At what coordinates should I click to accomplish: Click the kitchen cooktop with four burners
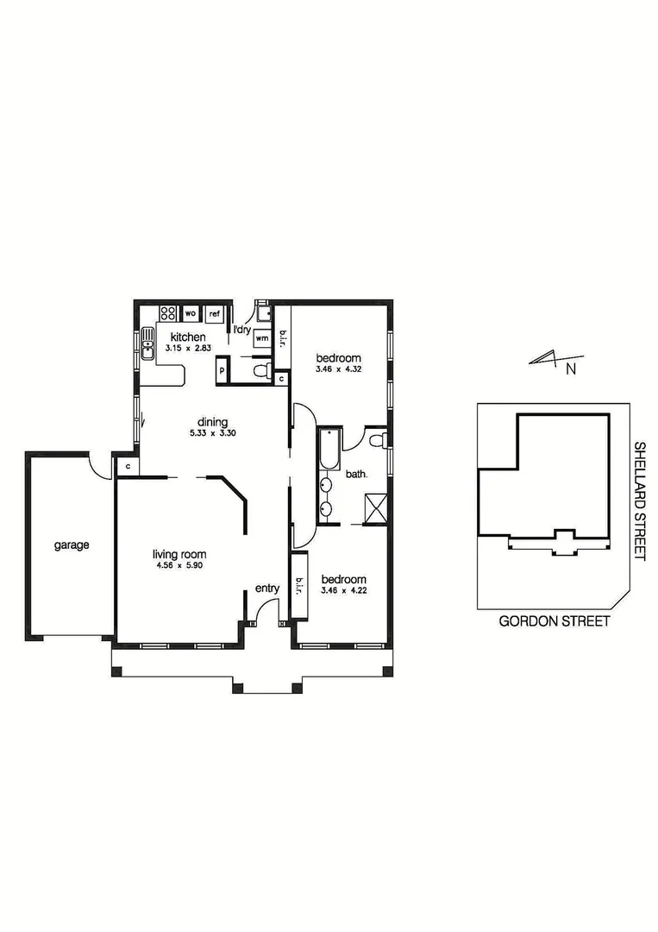[x=166, y=313]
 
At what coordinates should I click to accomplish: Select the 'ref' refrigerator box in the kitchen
[x=215, y=314]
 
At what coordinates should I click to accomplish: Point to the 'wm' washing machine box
[x=261, y=338]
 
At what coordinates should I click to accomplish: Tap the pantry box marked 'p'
[x=222, y=370]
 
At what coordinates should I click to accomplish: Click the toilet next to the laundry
[x=260, y=371]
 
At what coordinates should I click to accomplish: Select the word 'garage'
[x=72, y=545]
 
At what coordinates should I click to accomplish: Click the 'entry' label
[x=267, y=589]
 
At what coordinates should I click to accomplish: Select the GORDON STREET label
[x=555, y=620]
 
